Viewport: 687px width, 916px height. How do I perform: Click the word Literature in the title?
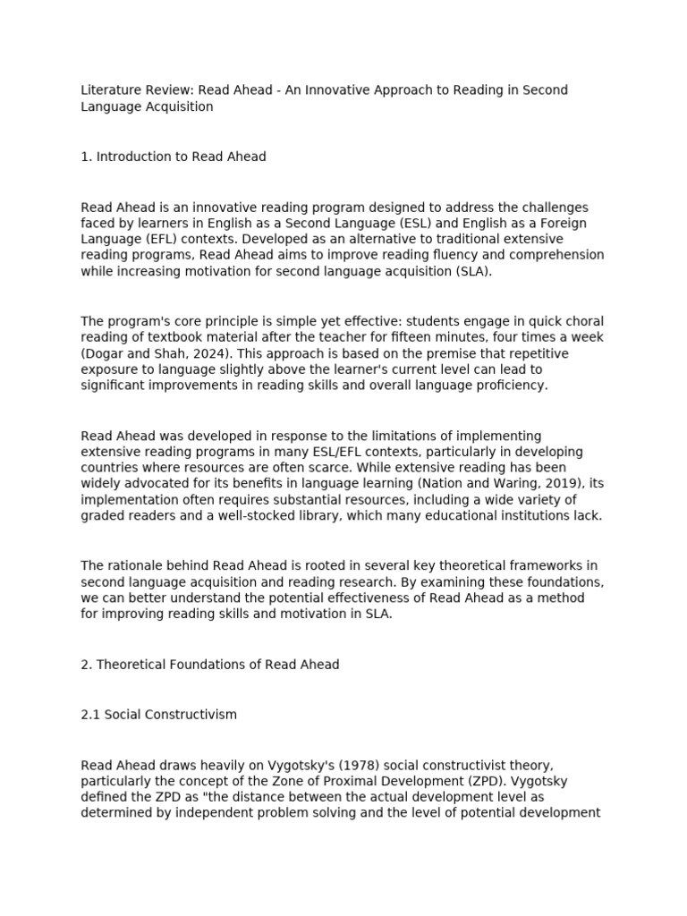pos(110,90)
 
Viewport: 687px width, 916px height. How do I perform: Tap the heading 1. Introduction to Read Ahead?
pos(174,157)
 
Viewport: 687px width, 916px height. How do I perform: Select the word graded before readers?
pos(103,515)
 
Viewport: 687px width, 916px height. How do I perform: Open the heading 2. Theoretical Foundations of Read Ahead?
pos(210,665)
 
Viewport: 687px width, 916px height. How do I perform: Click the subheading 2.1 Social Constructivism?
pos(159,715)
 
